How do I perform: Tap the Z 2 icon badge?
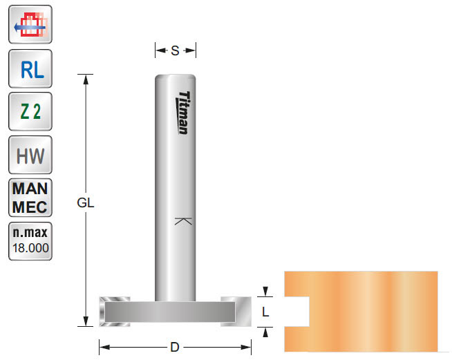click(x=30, y=111)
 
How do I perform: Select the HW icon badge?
click(x=30, y=155)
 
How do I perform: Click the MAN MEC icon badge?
click(x=30, y=198)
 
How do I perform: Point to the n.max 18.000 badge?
click(x=30, y=240)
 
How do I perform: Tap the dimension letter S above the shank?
click(x=175, y=50)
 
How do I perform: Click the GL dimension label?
click(x=86, y=203)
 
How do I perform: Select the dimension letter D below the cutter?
click(x=175, y=347)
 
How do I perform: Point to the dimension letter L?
click(x=265, y=312)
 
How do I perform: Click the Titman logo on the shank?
click(x=183, y=113)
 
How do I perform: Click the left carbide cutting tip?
click(x=113, y=310)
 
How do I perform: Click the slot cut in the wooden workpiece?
click(x=299, y=312)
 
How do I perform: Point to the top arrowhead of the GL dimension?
click(x=86, y=78)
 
